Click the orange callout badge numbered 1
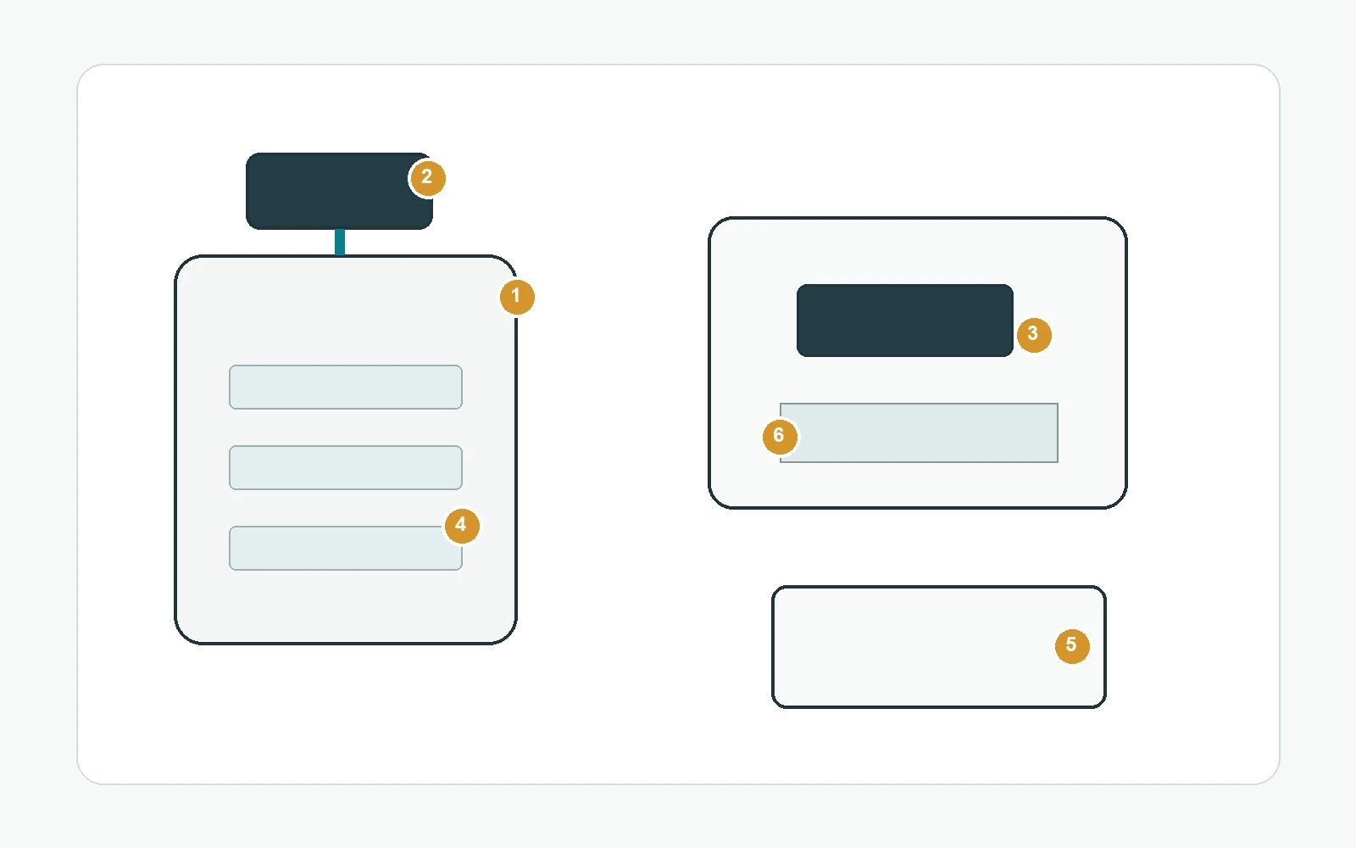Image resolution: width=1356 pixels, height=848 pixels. click(517, 297)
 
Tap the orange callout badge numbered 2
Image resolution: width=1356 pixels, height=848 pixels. click(427, 178)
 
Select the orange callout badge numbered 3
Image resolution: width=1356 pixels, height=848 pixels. click(1034, 334)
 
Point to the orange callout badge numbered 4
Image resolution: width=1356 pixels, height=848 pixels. click(462, 525)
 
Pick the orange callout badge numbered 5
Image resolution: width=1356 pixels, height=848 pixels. click(1072, 645)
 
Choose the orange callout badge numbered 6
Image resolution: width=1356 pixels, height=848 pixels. click(780, 436)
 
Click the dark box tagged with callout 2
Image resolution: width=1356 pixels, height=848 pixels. click(339, 191)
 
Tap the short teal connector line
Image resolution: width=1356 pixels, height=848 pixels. click(340, 243)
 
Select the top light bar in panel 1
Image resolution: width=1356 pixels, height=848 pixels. click(346, 387)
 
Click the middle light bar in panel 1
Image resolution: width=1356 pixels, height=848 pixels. click(346, 467)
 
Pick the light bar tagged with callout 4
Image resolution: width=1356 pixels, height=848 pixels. click(346, 548)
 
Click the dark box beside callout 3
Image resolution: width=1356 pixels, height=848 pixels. click(905, 321)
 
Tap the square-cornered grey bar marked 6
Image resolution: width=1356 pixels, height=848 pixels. click(919, 433)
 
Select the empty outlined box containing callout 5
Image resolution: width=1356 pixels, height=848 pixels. click(939, 647)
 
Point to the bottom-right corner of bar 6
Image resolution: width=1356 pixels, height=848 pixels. click(1059, 463)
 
